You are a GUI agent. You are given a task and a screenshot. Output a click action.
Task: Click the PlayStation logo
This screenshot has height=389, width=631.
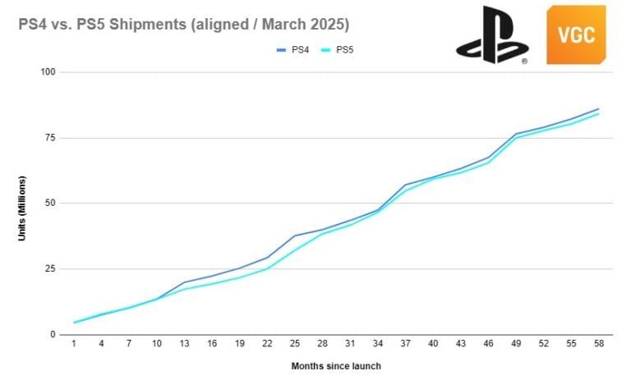coord(493,34)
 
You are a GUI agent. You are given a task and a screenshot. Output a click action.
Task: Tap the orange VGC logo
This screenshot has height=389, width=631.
coord(575,34)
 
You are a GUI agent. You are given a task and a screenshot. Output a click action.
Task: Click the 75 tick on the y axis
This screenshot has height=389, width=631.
coord(49,138)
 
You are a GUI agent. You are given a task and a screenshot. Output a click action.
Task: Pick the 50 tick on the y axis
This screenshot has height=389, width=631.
coord(49,204)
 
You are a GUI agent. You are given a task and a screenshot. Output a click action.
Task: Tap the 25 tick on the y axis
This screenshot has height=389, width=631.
coord(49,269)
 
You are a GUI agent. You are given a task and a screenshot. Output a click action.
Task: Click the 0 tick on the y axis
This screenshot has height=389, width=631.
coord(52,335)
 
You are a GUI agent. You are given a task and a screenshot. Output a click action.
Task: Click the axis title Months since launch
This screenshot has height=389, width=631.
coord(335,366)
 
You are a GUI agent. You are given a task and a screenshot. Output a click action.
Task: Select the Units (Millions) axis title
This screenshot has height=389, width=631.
coord(22,208)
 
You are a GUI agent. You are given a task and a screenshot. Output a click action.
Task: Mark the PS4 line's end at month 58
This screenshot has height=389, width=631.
coord(598,108)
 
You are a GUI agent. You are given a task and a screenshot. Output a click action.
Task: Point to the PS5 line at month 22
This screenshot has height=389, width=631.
coord(268,268)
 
